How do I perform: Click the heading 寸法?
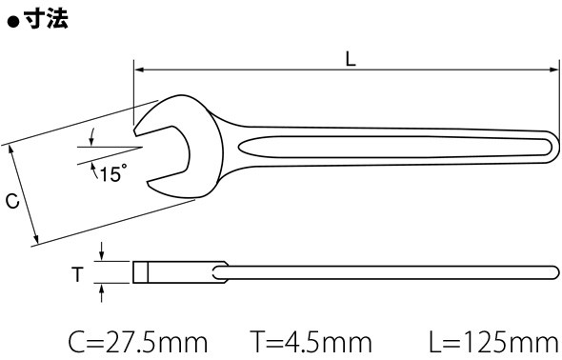tap(47, 19)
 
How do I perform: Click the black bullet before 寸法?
tap(13, 23)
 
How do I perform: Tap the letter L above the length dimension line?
tap(351, 59)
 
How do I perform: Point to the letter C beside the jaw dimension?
tap(12, 201)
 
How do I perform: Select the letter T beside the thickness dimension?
tap(77, 274)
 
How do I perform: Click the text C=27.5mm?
tap(138, 342)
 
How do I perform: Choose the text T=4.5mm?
tap(311, 342)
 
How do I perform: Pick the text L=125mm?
tap(495, 342)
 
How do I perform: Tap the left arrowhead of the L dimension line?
tap(139, 70)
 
